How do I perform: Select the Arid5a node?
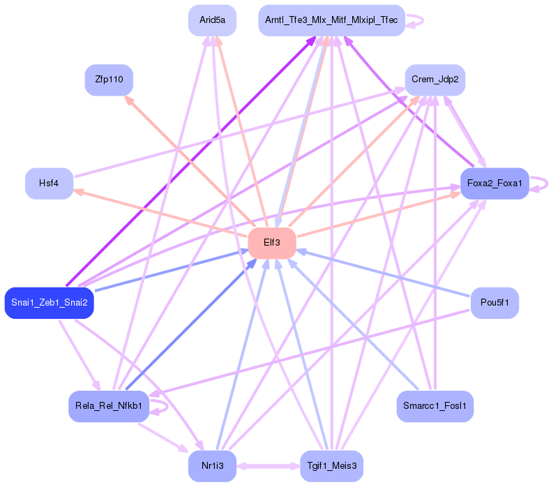[x=212, y=20]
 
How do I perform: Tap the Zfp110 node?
[x=108, y=80]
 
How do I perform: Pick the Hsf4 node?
[x=49, y=183]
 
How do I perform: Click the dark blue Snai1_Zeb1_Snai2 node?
[x=49, y=303]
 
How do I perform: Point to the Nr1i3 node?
[x=212, y=465]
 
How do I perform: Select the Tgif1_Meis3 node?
[x=331, y=465]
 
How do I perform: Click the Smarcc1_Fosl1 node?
[x=435, y=405]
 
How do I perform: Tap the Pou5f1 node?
[x=495, y=303]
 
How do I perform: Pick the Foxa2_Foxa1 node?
[x=495, y=183]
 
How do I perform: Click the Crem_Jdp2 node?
[x=435, y=80]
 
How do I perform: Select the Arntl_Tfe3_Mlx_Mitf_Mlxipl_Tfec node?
[x=331, y=20]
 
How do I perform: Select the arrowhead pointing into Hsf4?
[x=78, y=190]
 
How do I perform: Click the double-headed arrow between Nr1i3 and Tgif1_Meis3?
[x=268, y=465]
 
